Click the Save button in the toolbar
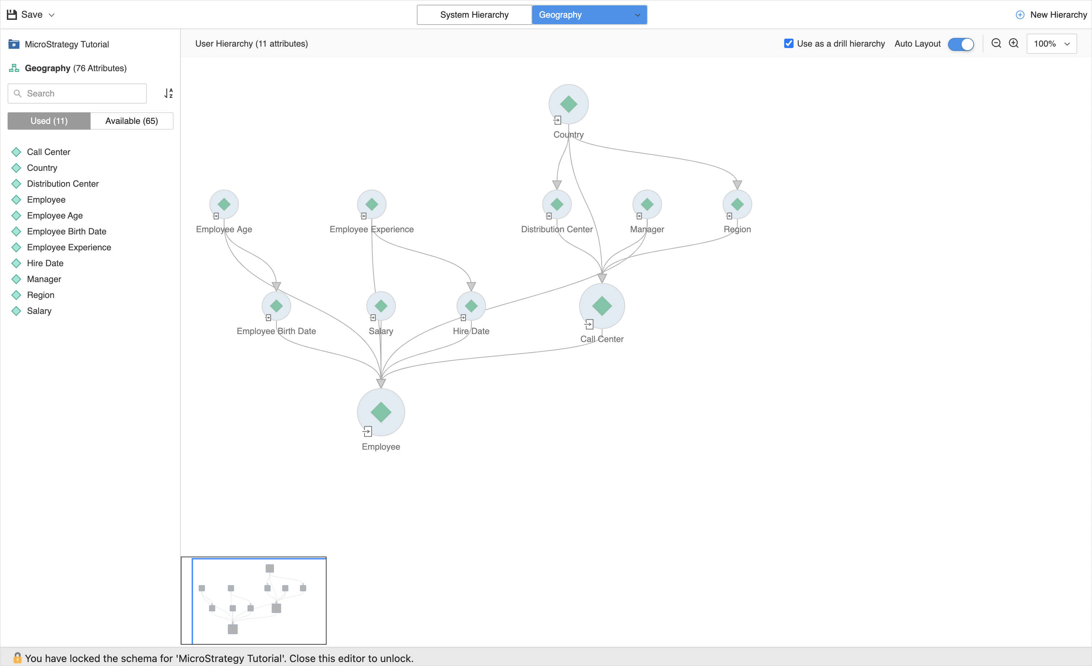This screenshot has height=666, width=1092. [x=26, y=15]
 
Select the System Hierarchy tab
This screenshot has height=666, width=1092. [x=474, y=15]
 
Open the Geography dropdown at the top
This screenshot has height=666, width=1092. [x=589, y=15]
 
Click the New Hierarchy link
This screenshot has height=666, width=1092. [x=1051, y=15]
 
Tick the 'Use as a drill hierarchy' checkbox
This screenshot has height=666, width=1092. [x=789, y=43]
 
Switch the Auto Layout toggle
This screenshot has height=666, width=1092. [x=960, y=44]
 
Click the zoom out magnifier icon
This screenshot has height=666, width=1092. [x=996, y=43]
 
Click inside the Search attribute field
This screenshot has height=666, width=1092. [x=82, y=94]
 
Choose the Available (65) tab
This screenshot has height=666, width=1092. [x=132, y=121]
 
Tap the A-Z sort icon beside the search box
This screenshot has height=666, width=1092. [x=169, y=93]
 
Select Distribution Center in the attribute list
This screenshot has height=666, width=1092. [x=62, y=183]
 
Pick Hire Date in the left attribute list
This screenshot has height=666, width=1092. [x=45, y=263]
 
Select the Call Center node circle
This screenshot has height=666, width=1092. [x=602, y=306]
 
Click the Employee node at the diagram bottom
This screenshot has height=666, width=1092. [x=381, y=412]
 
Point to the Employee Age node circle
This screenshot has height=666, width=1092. [x=224, y=204]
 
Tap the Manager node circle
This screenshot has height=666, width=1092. [x=647, y=204]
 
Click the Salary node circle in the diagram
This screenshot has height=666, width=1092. [x=381, y=306]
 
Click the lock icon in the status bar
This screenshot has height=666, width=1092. [x=17, y=658]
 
